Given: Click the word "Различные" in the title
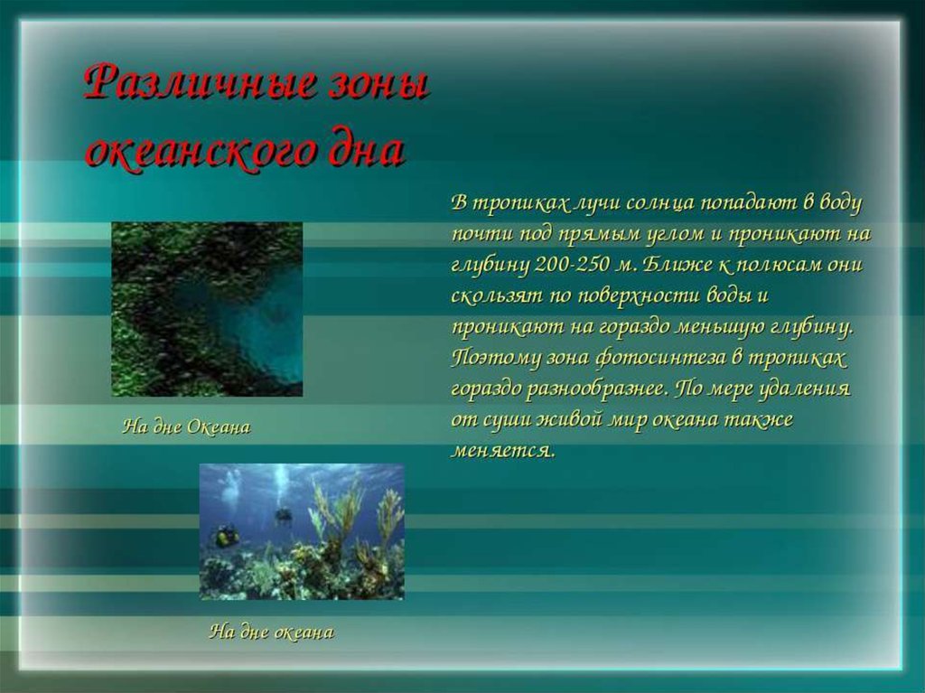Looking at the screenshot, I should point(197,87).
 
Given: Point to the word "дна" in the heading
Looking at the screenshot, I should point(364,152).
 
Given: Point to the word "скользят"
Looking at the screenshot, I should point(495,295).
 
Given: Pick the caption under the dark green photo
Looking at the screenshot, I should point(186,426).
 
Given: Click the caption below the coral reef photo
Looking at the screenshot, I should point(271,632).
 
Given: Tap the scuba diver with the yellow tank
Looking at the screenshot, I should point(225,537).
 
